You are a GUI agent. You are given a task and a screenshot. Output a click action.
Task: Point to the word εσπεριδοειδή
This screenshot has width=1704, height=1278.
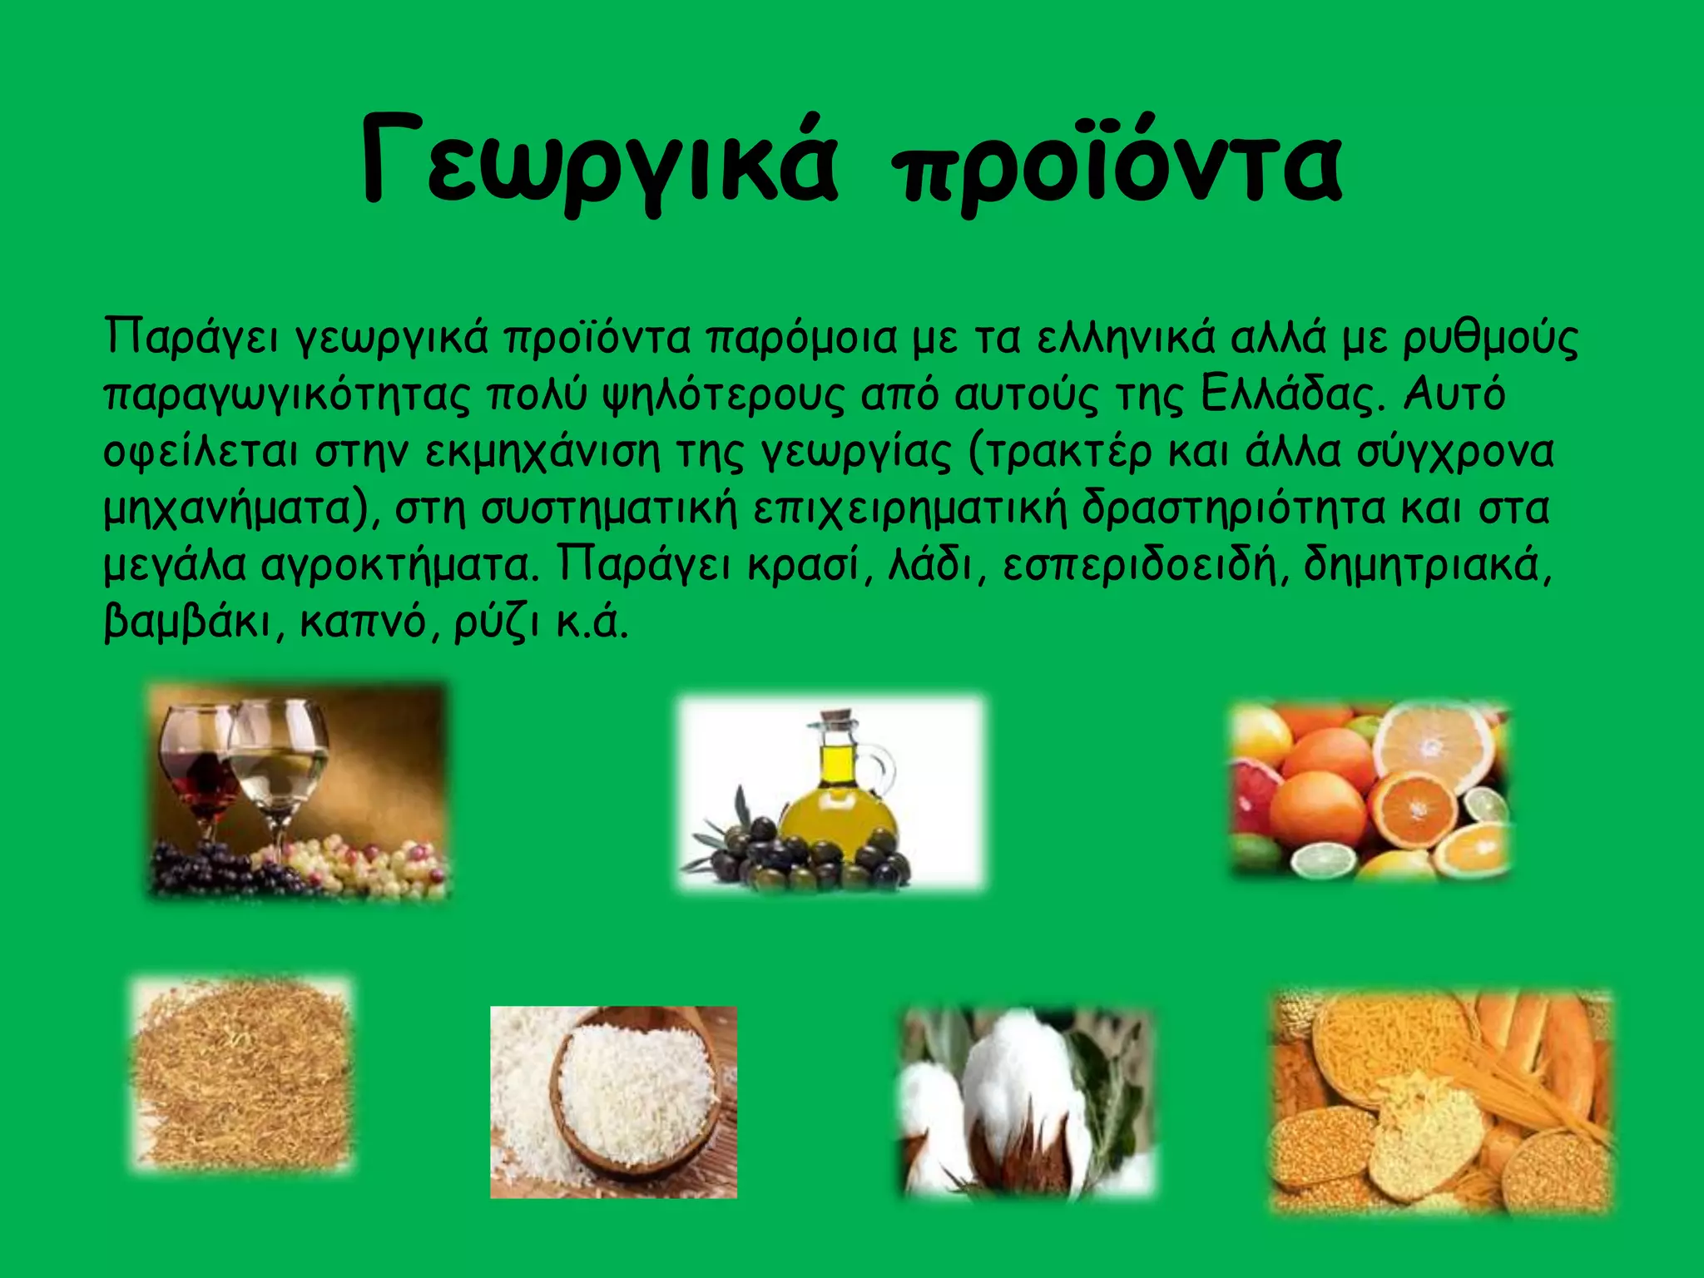(x=1139, y=566)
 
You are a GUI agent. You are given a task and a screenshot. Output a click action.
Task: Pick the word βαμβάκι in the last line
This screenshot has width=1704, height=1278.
(x=188, y=622)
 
